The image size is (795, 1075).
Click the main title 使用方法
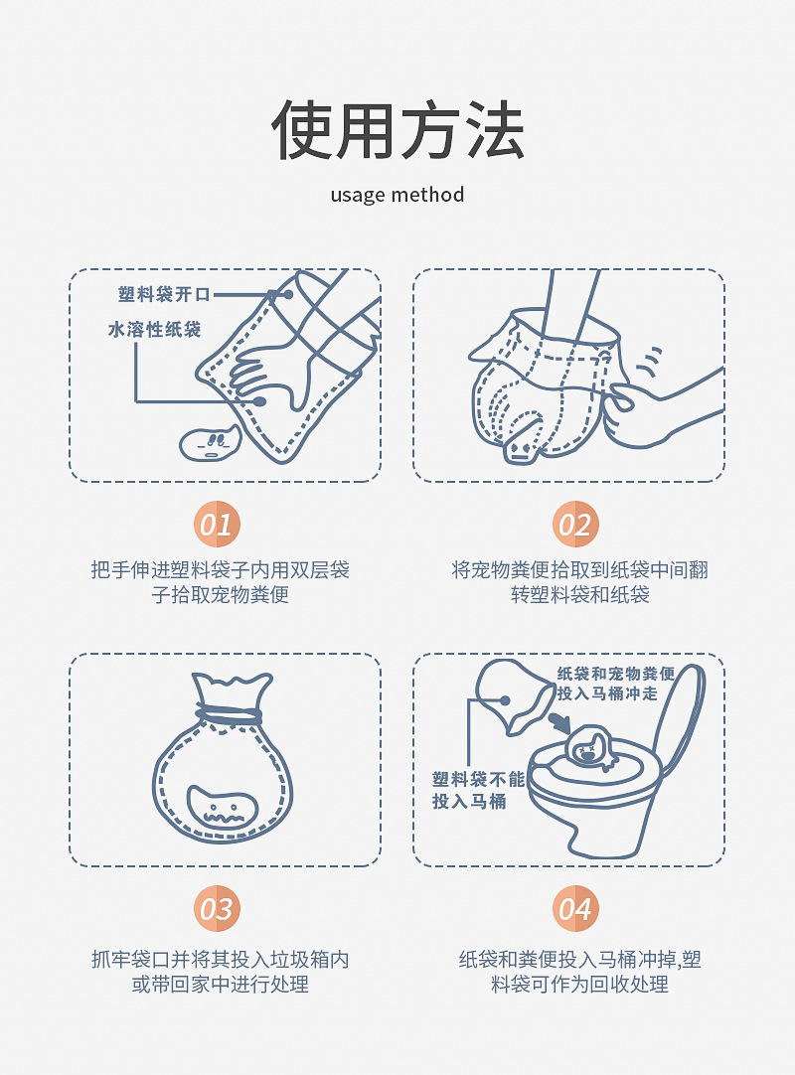(x=397, y=130)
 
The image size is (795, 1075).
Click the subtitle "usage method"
(x=397, y=195)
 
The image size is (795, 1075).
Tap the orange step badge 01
(x=216, y=525)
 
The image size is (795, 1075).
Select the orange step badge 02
(x=574, y=525)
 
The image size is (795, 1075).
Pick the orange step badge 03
(x=216, y=909)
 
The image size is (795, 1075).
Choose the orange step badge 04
(x=574, y=909)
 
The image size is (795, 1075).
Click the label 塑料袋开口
(x=165, y=295)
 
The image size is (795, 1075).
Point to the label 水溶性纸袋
(x=154, y=329)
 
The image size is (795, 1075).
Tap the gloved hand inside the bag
(x=274, y=374)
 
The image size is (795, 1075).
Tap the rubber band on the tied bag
(x=229, y=714)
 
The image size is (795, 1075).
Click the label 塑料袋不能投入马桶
(x=478, y=790)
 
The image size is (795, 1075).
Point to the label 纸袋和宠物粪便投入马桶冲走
(x=615, y=684)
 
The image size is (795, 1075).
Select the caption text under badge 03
(x=221, y=972)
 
